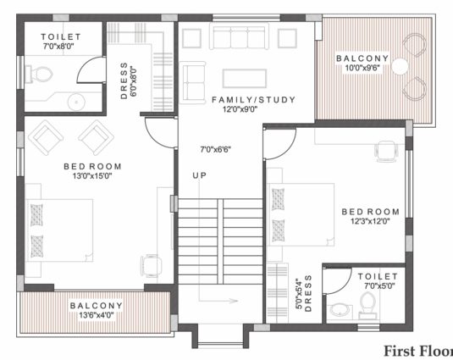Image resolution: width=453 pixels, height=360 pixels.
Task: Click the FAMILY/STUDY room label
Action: (254, 100)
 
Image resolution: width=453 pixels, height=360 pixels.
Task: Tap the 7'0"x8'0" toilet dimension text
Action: (58, 47)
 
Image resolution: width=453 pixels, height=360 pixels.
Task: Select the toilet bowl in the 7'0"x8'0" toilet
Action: (39, 75)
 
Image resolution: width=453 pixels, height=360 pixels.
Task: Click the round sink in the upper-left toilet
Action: (76, 102)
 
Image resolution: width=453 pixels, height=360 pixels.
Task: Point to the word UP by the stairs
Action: (200, 175)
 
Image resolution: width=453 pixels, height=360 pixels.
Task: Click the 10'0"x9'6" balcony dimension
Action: (362, 68)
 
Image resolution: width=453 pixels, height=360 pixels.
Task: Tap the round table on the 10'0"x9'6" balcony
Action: (401, 67)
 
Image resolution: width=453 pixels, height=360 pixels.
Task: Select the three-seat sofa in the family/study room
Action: (240, 36)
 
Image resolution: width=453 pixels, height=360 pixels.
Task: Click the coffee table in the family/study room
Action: (245, 78)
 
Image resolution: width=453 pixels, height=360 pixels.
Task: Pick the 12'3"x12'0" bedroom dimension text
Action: (370, 221)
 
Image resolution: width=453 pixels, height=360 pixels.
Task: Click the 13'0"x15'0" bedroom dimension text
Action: (92, 175)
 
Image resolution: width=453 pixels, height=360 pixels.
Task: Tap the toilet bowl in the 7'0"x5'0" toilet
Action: (367, 305)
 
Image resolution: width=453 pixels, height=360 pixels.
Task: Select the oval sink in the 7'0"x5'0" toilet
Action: (340, 310)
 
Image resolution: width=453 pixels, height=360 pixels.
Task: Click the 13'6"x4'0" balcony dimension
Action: (97, 315)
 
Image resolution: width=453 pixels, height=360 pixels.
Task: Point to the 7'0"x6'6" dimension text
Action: (216, 150)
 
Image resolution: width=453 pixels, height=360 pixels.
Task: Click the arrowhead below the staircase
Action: (234, 301)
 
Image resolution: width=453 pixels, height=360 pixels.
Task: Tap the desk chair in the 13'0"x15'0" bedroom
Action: (151, 265)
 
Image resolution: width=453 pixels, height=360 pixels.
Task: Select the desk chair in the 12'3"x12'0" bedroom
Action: (386, 152)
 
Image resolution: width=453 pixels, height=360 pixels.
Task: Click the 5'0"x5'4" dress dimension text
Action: (299, 295)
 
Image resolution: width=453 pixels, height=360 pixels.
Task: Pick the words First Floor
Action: (418, 352)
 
